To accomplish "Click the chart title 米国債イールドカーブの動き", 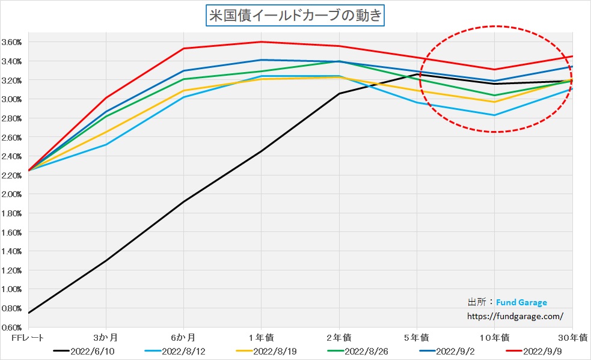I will click(x=295, y=16).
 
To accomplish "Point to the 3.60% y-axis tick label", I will click(x=12, y=42).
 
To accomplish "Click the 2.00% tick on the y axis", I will click(x=12, y=194).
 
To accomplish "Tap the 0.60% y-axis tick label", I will click(x=12, y=328).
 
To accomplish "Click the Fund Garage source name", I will click(x=521, y=302).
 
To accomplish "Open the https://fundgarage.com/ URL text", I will click(x=515, y=315).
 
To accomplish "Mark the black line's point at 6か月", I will click(x=183, y=201).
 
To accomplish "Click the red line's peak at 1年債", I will click(x=261, y=41).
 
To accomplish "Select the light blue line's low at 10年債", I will click(x=494, y=115).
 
